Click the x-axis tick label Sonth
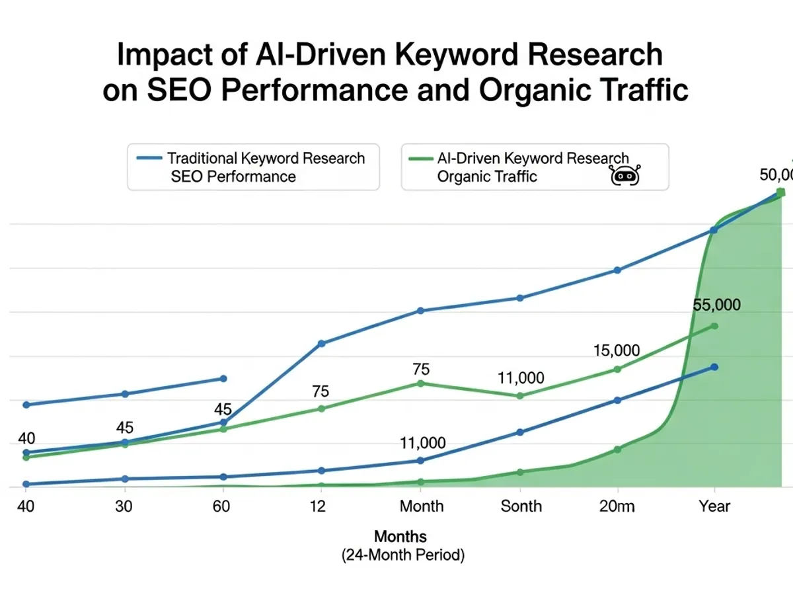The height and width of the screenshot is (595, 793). [521, 506]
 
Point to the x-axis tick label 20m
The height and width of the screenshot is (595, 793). [617, 506]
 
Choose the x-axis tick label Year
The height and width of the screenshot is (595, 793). [714, 506]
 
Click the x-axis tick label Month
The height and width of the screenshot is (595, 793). [422, 506]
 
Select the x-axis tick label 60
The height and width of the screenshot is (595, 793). [223, 506]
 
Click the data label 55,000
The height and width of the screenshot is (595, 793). [717, 305]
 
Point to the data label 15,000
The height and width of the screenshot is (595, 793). [616, 350]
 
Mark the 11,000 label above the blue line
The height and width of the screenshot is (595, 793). [422, 443]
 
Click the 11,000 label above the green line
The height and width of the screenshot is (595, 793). [521, 378]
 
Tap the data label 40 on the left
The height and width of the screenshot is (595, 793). [26, 438]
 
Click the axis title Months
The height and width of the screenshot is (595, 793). [400, 536]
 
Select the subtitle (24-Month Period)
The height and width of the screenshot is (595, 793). [403, 555]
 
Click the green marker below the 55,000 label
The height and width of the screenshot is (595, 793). [714, 326]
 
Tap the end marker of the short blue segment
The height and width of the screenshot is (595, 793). [223, 379]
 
